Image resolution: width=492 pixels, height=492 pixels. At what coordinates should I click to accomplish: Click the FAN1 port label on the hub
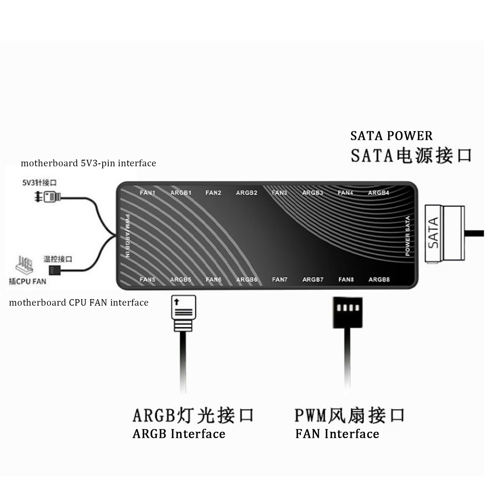click(147, 193)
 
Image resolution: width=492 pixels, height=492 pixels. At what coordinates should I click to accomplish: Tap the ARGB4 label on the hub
click(378, 193)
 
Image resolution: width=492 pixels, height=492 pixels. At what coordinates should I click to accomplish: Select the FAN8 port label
click(346, 280)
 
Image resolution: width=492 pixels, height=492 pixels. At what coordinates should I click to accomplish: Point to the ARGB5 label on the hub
click(181, 280)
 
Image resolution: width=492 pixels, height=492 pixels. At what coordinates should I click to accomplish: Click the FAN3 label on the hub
click(279, 193)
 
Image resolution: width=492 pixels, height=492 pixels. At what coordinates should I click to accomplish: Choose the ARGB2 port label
click(247, 193)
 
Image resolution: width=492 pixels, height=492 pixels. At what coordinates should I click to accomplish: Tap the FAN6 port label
click(213, 280)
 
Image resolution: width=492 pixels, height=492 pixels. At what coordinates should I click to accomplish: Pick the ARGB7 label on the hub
click(313, 280)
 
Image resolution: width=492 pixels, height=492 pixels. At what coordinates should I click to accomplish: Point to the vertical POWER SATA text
click(408, 236)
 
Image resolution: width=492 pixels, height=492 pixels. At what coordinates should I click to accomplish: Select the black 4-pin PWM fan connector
click(348, 312)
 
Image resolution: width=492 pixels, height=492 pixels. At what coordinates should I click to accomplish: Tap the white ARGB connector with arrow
click(183, 312)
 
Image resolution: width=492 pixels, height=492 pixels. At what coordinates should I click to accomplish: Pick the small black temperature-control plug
click(55, 270)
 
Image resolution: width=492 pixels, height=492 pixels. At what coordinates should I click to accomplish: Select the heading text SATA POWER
click(391, 136)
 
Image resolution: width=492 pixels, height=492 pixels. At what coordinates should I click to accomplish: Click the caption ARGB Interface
click(179, 434)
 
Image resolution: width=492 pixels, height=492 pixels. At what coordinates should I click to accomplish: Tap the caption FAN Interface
click(337, 434)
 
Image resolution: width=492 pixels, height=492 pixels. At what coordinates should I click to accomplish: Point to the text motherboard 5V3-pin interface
click(88, 163)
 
